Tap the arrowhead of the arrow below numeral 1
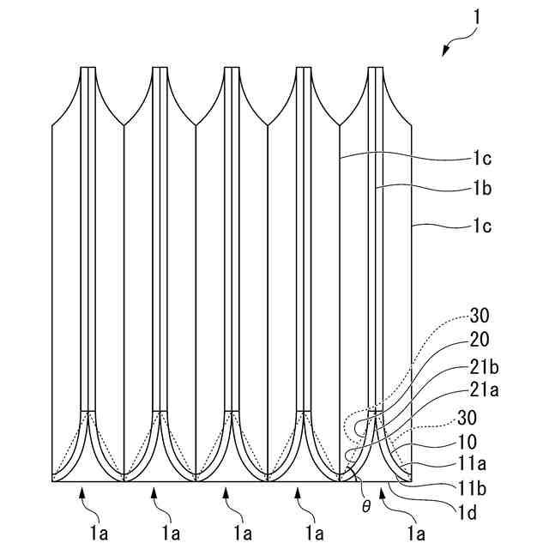point(445,52)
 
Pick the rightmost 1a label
point(417,534)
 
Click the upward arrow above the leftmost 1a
point(82,492)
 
